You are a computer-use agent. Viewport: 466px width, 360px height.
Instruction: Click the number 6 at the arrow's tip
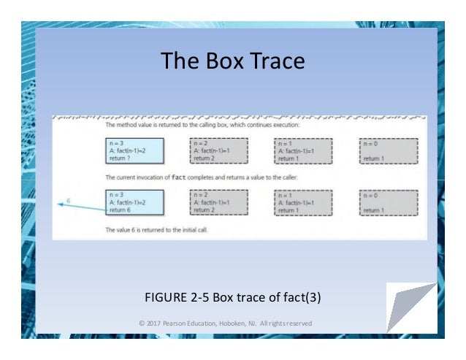tap(68, 199)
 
